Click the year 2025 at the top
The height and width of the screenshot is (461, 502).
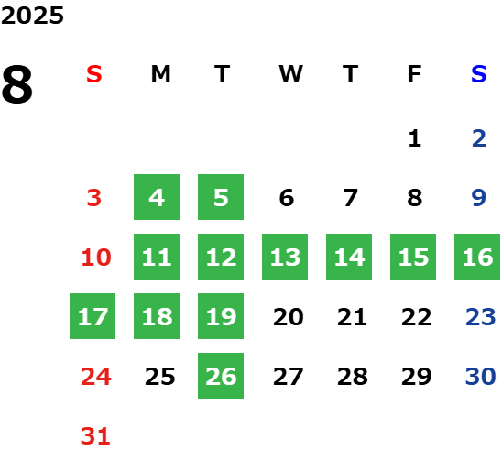coord(32,16)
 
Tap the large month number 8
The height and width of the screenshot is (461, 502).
coord(17,84)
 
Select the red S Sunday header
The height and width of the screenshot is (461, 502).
coord(94,74)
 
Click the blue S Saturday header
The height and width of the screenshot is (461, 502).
coord(479,74)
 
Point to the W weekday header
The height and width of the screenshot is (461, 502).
coord(290,74)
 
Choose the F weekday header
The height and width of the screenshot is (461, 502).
coord(415,74)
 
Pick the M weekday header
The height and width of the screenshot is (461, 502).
coord(160,74)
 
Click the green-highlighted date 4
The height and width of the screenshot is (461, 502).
coord(157,197)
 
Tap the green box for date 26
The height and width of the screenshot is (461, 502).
coord(221,376)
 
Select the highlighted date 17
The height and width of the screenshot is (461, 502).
coord(93,316)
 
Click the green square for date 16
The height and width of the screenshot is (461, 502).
coord(477,257)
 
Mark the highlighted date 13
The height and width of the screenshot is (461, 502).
coord(285,257)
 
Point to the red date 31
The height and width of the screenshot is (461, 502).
coord(95,436)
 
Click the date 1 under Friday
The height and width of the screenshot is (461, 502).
coord(415,138)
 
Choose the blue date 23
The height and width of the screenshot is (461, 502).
coord(481,317)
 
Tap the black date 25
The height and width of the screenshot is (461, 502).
coord(159,377)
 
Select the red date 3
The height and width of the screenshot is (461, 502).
coord(94,198)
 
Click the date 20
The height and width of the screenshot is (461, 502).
coord(289,317)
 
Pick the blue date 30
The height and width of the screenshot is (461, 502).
coord(481,377)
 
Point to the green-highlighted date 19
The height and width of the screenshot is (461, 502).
coord(221,316)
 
